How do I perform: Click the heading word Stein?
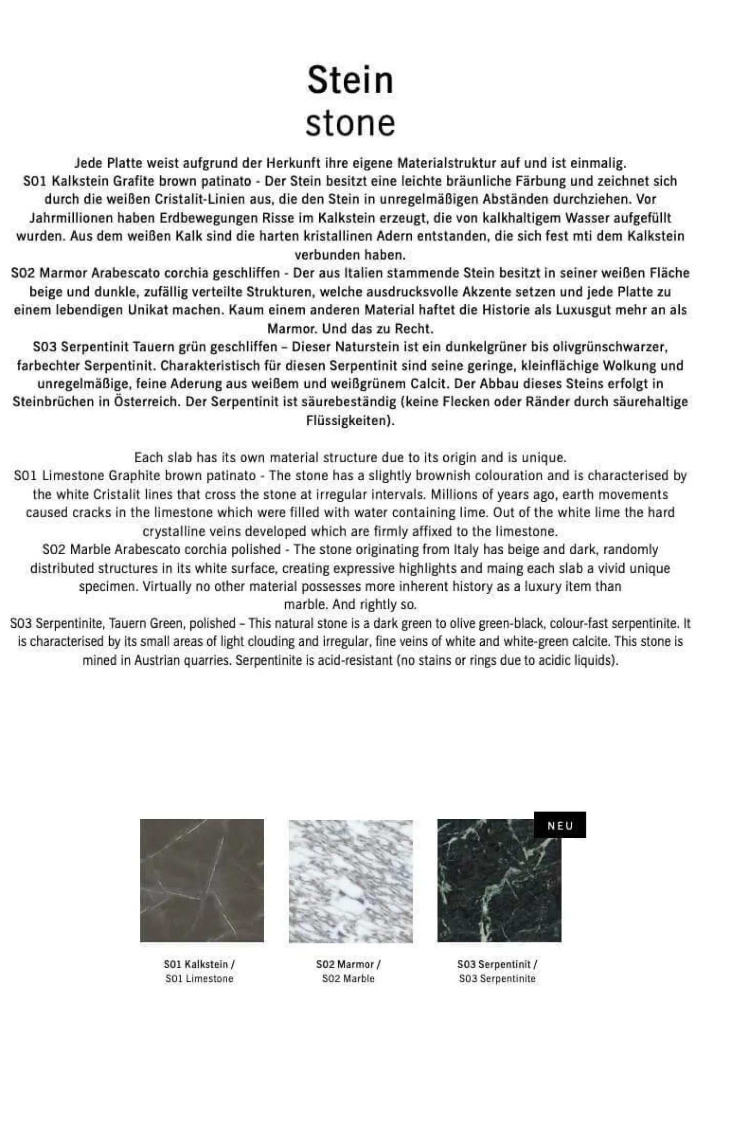point(350,80)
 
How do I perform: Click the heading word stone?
point(350,123)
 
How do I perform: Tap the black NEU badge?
point(560,825)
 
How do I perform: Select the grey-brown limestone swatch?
point(202,881)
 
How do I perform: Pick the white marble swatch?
point(350,881)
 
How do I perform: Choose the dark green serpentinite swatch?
point(499,881)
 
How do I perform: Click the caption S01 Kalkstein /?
point(199,964)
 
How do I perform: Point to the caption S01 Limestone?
point(199,979)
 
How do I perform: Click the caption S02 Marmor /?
point(348,964)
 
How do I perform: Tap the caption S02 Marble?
point(348,979)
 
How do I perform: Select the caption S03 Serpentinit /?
point(497,964)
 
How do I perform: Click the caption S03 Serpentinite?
point(497,979)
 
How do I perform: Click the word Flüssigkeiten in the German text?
point(349,421)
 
